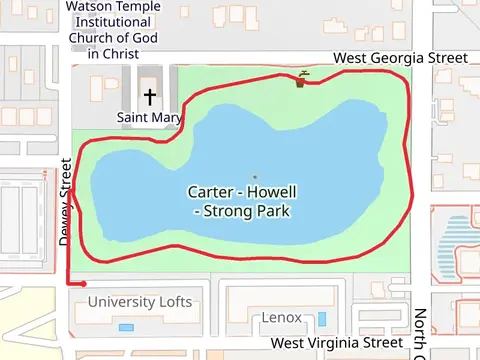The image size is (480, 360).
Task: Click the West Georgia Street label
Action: [x=400, y=59]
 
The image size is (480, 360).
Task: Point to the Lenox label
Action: [x=281, y=318]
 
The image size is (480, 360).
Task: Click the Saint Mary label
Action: [x=150, y=118]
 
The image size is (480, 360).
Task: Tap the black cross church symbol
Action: [x=150, y=97]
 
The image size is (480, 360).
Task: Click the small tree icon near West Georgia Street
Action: [x=301, y=79]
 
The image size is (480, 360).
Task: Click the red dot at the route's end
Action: [x=84, y=284]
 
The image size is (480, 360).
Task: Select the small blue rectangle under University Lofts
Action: [x=125, y=327]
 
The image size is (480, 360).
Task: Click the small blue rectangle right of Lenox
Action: [x=321, y=319]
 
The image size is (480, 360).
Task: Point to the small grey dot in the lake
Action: [x=254, y=178]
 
